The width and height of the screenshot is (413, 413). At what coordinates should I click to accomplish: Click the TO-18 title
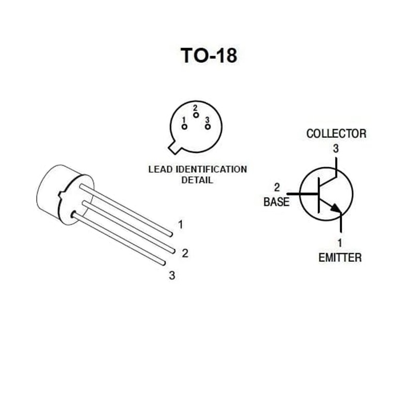tap(209, 55)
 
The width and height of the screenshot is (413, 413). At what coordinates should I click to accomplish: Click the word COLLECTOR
tap(336, 134)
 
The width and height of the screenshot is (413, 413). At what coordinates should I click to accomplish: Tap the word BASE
tap(276, 202)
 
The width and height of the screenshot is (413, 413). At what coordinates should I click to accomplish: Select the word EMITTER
tap(340, 258)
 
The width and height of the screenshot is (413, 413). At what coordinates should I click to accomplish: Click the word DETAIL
tap(197, 181)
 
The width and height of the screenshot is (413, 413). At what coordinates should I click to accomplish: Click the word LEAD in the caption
tap(161, 169)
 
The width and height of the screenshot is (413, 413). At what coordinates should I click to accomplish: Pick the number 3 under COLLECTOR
tap(336, 149)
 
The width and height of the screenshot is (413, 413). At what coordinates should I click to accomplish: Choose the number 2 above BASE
tap(277, 187)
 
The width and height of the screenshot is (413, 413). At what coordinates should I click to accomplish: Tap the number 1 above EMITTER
tap(340, 242)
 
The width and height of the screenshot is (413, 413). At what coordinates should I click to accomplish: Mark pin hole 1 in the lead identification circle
tap(184, 126)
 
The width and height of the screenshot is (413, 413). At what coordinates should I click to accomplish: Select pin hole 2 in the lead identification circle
tap(196, 115)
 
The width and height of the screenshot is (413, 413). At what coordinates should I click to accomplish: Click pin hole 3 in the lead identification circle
tap(208, 126)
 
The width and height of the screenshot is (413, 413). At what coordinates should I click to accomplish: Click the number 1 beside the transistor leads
tap(180, 225)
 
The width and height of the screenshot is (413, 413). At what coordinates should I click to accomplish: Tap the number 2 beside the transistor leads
tap(185, 253)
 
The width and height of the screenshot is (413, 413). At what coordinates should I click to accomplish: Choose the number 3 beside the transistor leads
tap(172, 275)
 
